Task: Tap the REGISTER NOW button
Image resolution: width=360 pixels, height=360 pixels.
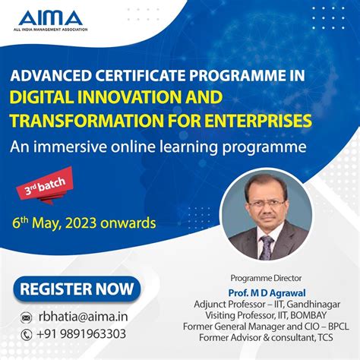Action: (x=77, y=289)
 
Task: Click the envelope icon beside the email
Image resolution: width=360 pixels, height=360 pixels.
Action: (x=27, y=317)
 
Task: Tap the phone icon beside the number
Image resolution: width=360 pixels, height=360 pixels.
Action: (x=27, y=334)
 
